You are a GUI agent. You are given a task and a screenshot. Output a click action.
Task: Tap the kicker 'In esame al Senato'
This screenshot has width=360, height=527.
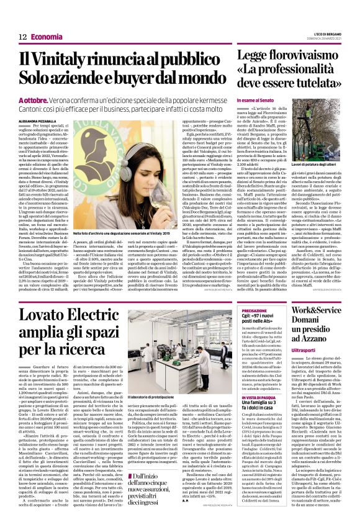[x=256, y=100]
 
